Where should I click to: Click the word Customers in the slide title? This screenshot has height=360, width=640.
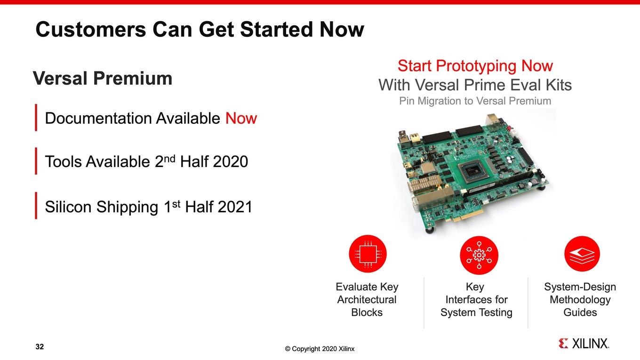(x=90, y=30)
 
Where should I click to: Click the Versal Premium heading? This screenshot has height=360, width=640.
(x=103, y=78)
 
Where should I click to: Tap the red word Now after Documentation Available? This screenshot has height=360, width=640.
(x=241, y=118)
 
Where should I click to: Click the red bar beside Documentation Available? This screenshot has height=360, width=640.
(x=36, y=118)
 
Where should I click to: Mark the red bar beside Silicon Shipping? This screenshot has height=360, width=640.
(x=36, y=206)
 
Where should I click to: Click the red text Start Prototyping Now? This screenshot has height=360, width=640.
(x=475, y=66)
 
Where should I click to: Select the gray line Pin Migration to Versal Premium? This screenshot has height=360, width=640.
(x=475, y=101)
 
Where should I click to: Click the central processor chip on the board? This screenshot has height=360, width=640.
(x=471, y=172)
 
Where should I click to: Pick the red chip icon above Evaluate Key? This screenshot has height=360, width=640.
(x=368, y=254)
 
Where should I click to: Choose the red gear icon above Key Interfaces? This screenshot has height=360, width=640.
(x=479, y=255)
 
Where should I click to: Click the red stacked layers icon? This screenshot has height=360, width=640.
(x=582, y=254)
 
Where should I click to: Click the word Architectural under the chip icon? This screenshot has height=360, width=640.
(x=367, y=300)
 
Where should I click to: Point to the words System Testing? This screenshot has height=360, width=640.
(x=476, y=312)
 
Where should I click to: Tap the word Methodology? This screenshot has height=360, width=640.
(x=580, y=300)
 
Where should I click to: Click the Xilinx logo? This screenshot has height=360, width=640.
(x=584, y=344)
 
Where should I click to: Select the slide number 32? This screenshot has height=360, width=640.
(x=40, y=346)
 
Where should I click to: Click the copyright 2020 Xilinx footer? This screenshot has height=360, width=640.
(x=320, y=349)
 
